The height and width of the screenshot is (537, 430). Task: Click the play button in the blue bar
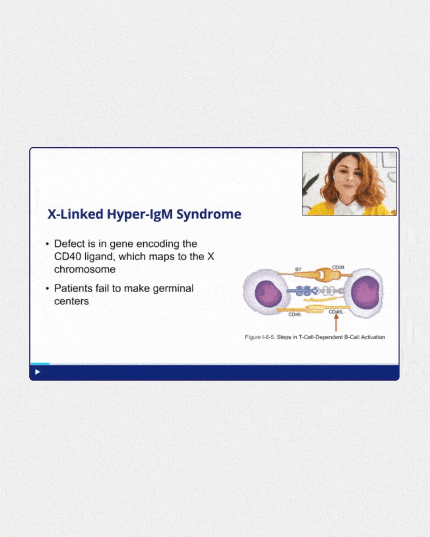[x=38, y=372]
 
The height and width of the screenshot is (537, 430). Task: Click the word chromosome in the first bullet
[x=85, y=269]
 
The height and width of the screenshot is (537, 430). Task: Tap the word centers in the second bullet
[x=71, y=301]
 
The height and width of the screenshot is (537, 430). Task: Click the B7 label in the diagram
[x=298, y=269]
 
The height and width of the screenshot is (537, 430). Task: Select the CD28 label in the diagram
[x=338, y=267]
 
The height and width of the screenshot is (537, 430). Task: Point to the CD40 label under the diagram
[x=294, y=315]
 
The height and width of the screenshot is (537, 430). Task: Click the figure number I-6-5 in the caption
[x=268, y=337]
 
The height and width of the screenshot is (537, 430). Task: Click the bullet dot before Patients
[x=48, y=289]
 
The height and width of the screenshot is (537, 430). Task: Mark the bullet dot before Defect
[x=48, y=244]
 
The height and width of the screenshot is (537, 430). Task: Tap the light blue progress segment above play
[x=40, y=364]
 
